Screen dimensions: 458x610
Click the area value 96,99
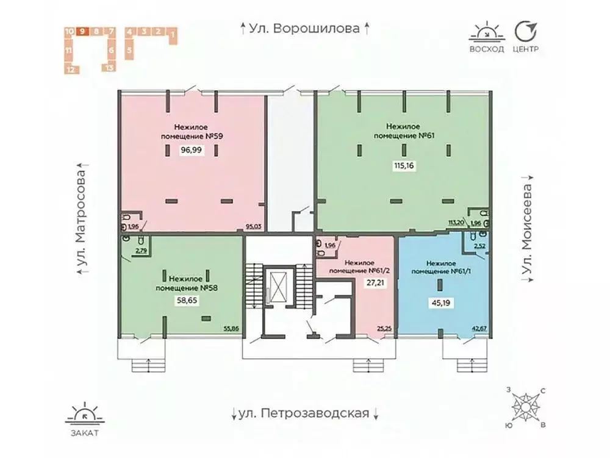click(192, 154)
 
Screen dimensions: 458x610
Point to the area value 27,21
click(358, 283)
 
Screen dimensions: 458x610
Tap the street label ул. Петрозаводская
click(305, 413)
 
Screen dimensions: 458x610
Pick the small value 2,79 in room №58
click(141, 250)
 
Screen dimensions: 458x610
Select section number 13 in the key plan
click(110, 67)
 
